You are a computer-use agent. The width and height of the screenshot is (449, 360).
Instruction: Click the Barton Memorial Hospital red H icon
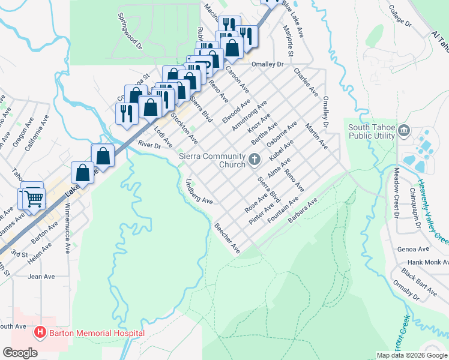40,332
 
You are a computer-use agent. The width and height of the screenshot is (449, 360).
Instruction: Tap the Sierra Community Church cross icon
255,160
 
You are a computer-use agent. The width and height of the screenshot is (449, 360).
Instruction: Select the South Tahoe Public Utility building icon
403,130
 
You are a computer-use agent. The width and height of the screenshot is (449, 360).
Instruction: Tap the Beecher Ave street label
226,238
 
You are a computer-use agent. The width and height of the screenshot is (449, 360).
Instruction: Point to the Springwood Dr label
129,31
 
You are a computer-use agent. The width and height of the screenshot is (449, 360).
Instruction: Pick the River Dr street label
150,145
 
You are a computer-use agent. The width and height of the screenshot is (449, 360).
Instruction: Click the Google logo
20,353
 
